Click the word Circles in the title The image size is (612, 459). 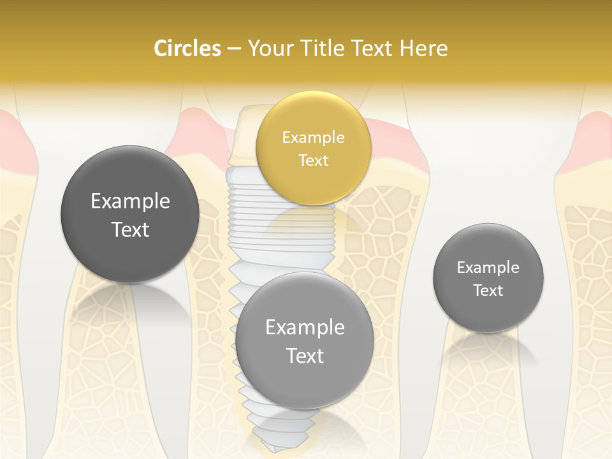[187, 48]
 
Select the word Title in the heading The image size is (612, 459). [334, 48]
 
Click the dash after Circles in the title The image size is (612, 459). [234, 49]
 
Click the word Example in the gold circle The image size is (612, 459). [313, 138]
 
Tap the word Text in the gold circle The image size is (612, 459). [313, 160]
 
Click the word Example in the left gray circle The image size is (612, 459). [130, 201]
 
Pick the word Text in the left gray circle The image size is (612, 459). [130, 229]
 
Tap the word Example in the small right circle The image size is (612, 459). [488, 268]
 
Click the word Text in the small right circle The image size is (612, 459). [488, 291]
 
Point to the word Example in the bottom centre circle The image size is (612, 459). [305, 328]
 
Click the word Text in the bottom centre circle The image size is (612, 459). [305, 356]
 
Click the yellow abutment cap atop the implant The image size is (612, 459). [245, 137]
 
